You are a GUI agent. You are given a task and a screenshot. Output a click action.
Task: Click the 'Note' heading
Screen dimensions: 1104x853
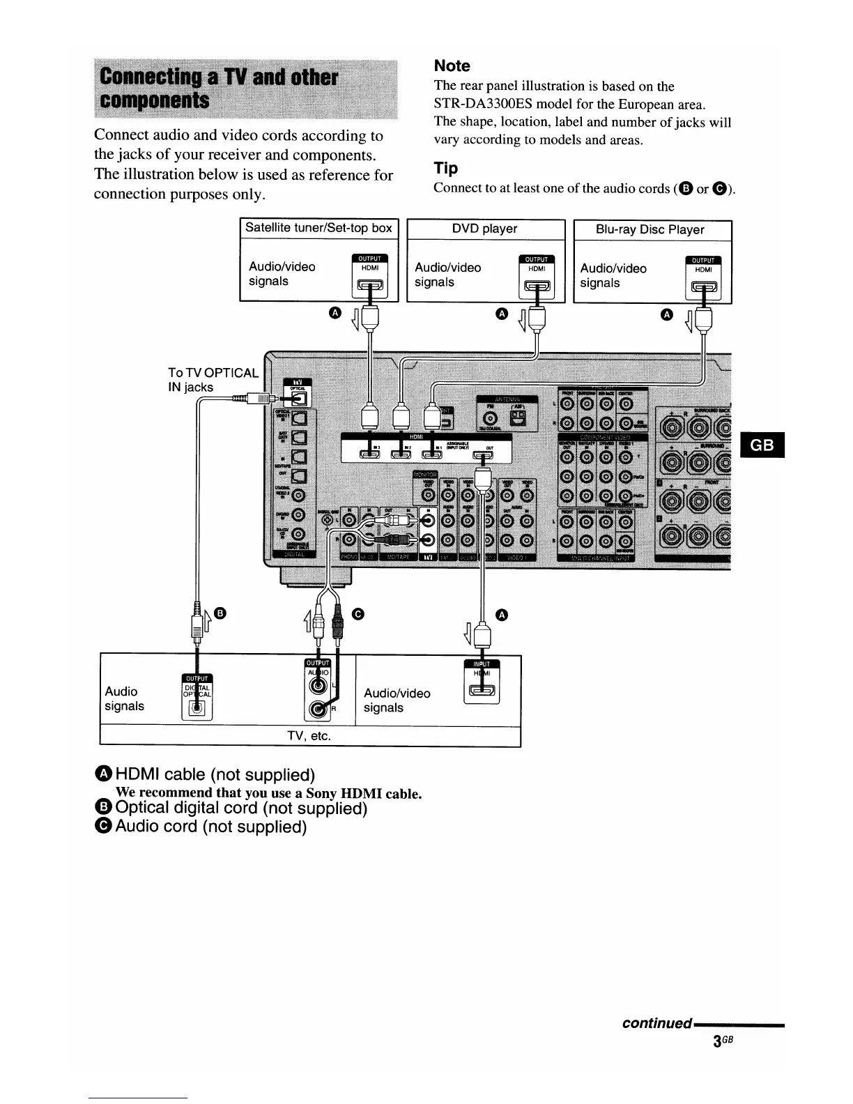452,66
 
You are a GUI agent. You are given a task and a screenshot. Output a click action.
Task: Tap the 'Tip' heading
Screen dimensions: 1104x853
445,168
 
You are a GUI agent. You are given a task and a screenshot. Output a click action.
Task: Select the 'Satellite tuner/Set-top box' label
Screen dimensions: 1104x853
318,228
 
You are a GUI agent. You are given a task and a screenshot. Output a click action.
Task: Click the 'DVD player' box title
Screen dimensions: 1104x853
484,229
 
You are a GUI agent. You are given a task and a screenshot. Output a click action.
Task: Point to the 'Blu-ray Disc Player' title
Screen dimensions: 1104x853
650,229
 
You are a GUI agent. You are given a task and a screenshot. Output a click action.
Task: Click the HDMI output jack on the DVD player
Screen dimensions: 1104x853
537,286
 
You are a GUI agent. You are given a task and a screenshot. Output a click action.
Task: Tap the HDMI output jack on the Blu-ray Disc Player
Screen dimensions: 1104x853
703,286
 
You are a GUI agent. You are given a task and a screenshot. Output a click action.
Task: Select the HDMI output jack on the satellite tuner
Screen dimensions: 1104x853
370,285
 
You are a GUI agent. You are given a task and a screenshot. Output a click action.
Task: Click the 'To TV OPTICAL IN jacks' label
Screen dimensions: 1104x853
213,380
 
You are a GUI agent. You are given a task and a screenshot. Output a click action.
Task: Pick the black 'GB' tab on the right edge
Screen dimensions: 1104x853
763,445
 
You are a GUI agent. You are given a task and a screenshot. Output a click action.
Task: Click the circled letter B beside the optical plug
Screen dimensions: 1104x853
220,613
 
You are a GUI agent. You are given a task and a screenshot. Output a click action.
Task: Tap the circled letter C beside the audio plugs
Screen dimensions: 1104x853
358,613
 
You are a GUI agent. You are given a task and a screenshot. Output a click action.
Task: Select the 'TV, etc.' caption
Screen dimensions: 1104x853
309,736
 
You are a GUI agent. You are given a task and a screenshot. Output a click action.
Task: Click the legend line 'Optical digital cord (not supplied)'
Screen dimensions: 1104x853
241,808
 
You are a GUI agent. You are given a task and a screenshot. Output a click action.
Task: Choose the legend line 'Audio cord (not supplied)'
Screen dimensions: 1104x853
210,827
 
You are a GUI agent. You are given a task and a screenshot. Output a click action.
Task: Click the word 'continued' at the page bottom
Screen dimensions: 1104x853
656,1023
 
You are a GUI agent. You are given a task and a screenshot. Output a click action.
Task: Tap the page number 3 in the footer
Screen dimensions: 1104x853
718,1042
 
